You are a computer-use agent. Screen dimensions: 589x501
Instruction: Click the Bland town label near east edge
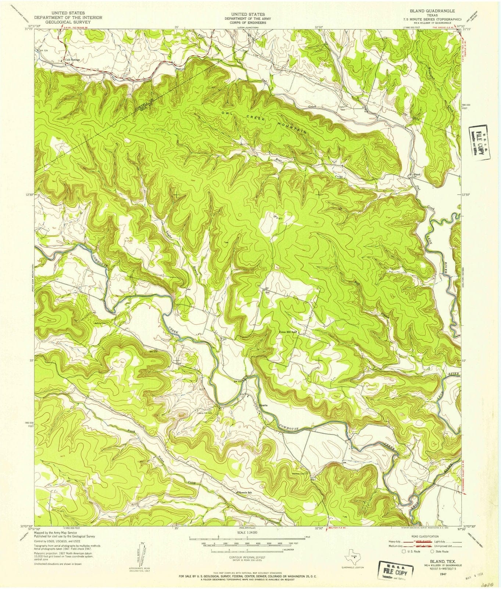click(x=416, y=174)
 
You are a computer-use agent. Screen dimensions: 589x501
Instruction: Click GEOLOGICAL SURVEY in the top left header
click(x=68, y=22)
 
